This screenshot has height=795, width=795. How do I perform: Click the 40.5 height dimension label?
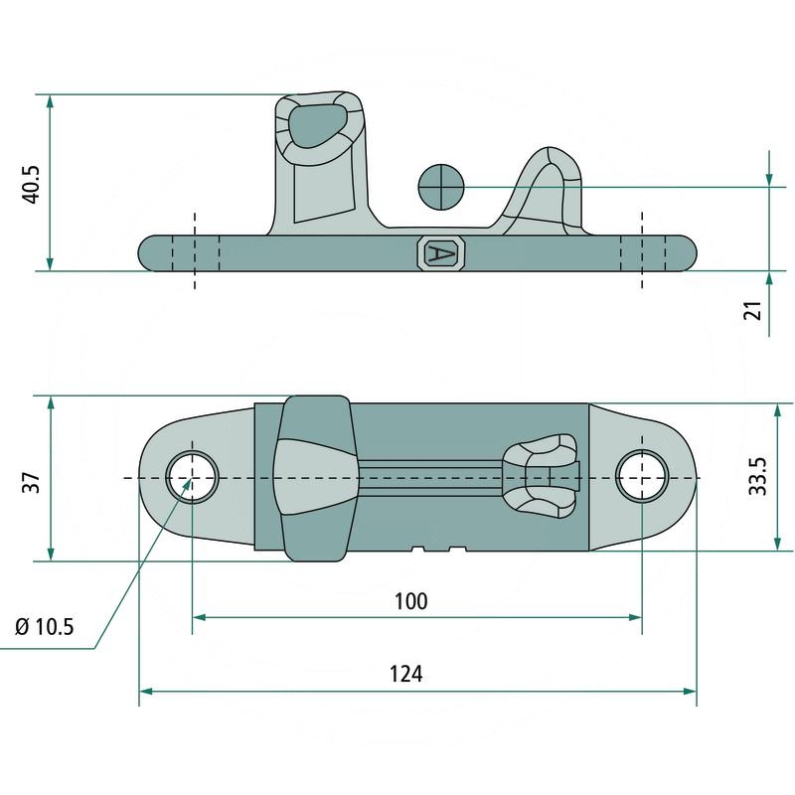click(33, 185)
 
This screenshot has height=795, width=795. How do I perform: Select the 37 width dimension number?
click(32, 483)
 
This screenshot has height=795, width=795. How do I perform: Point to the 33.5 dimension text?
click(757, 476)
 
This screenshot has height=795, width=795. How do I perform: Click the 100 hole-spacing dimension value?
click(410, 601)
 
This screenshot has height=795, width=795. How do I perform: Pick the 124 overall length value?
click(405, 674)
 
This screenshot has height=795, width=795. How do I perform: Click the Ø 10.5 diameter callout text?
click(45, 627)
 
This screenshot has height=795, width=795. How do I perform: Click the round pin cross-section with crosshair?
click(441, 187)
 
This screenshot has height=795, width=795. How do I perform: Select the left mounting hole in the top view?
click(193, 477)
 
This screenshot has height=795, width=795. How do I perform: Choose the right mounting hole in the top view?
click(642, 477)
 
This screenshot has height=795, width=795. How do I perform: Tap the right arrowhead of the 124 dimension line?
click(690, 691)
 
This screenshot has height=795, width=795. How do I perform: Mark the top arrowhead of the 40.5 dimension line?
click(50, 101)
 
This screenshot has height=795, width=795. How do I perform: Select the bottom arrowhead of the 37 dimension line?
click(51, 554)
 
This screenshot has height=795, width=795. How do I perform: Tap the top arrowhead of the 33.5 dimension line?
click(777, 410)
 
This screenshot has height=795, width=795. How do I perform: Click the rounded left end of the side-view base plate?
click(147, 252)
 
